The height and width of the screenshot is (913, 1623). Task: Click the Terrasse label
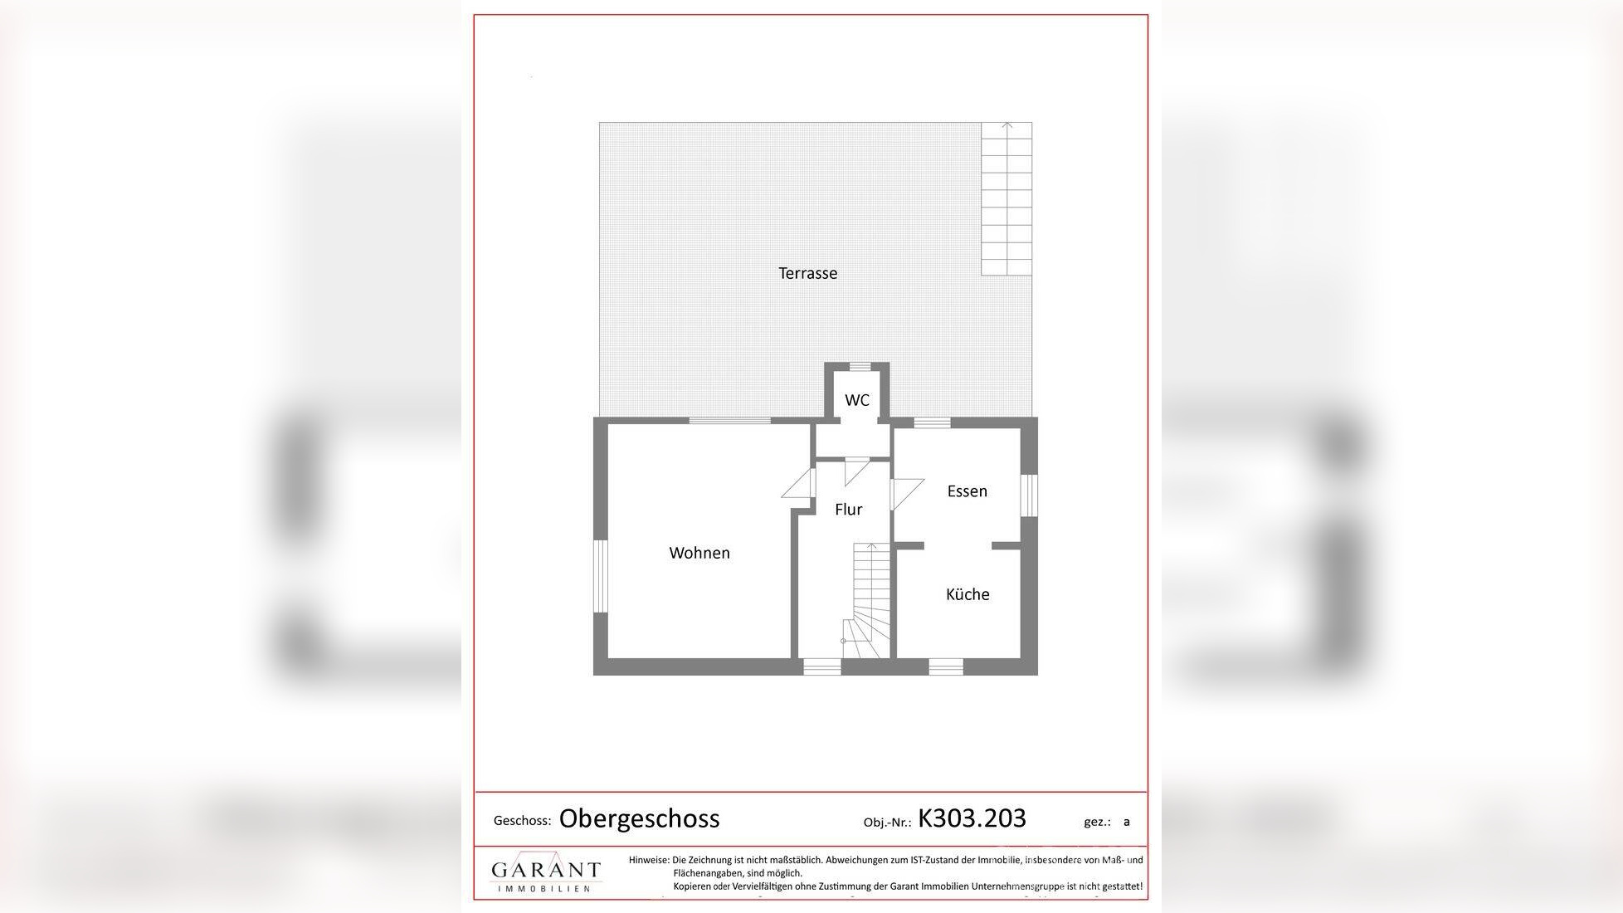pyautogui.click(x=807, y=273)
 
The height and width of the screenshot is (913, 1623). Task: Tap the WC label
pyautogui.click(x=857, y=400)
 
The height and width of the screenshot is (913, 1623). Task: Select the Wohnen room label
pyautogui.click(x=699, y=553)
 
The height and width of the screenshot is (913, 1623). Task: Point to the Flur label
pyautogui.click(x=848, y=510)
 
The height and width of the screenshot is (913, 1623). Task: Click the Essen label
pyautogui.click(x=967, y=491)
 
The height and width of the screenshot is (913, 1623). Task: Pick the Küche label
pyautogui.click(x=967, y=594)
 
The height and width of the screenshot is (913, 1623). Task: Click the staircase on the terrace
pyautogui.click(x=1006, y=198)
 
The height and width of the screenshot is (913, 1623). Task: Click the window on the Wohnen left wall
pyautogui.click(x=600, y=576)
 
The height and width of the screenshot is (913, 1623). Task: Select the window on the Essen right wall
pyautogui.click(x=1029, y=495)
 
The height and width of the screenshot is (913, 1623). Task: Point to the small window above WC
pyautogui.click(x=860, y=366)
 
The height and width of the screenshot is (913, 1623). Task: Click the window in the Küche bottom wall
pyautogui.click(x=945, y=666)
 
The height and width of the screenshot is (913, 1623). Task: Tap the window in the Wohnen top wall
pyautogui.click(x=729, y=421)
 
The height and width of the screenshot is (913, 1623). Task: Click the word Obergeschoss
pyautogui.click(x=639, y=818)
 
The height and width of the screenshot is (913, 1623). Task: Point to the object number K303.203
pyautogui.click(x=972, y=818)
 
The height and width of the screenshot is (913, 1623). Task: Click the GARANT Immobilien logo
pyautogui.click(x=545, y=872)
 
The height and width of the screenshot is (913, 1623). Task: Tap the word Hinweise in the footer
pyautogui.click(x=648, y=860)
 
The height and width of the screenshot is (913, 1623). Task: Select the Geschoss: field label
pyautogui.click(x=522, y=821)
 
